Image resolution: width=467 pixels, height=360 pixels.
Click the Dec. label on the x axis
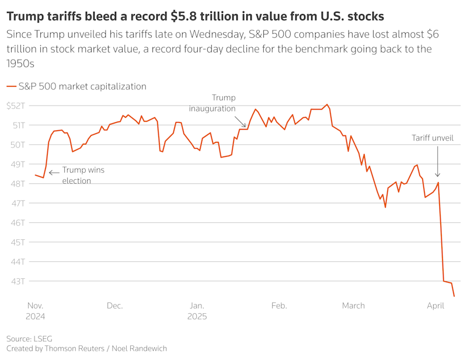pos(114,306)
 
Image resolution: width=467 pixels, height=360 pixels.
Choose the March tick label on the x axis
pos(353,306)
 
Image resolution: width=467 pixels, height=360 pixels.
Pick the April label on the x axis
pos(435,306)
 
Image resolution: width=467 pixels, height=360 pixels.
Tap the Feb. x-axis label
pos(279,306)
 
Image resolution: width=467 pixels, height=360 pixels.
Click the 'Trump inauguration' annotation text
pos(212,103)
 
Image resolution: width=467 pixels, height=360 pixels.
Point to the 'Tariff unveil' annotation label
pos(433,138)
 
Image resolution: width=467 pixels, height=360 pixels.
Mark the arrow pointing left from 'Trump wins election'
pos(54,173)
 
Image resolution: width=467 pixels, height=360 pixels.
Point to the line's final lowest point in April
pos(454,296)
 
